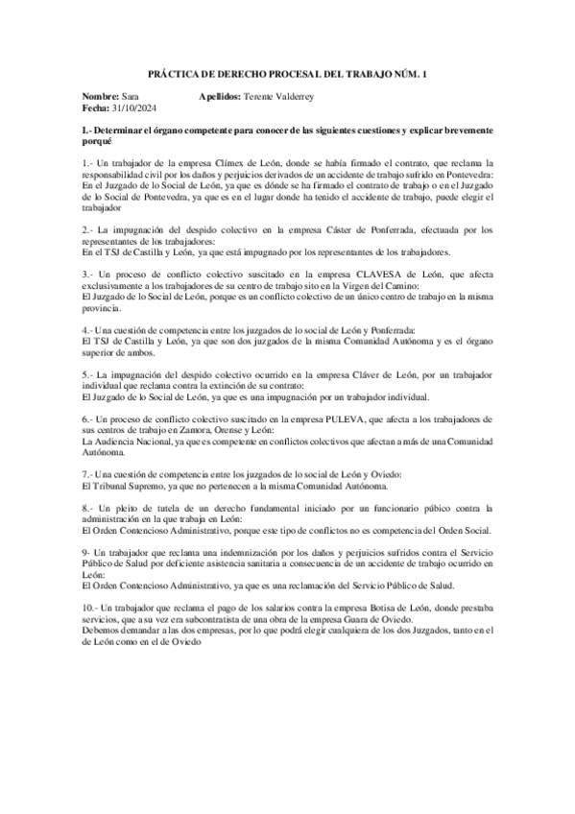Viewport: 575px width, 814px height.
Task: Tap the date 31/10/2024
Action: [131, 109]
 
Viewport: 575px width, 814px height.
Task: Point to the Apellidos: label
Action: [221, 98]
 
